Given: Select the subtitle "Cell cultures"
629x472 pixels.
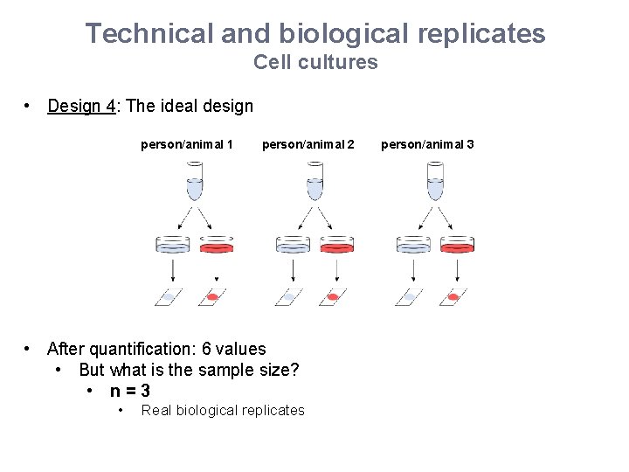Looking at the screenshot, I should coord(315,62).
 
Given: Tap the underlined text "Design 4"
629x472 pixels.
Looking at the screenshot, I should coord(81,107).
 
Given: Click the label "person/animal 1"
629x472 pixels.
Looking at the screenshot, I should coord(186,144).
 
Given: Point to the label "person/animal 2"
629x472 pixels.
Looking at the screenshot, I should coord(308,144).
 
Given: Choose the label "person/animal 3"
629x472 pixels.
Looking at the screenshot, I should coord(427,144).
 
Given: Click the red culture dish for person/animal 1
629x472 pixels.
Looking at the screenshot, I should coord(217,246).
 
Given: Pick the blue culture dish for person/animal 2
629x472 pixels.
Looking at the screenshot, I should coord(293,246).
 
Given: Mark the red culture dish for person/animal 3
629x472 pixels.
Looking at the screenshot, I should coord(457,246).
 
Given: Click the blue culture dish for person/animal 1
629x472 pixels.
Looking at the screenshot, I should coord(172,246).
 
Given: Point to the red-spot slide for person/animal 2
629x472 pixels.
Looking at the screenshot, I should coord(333,297).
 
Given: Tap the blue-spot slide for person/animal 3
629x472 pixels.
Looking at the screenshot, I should coord(408,297).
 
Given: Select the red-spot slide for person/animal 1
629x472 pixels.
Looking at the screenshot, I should coord(212,297).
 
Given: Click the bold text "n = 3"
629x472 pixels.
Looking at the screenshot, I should coord(129,391).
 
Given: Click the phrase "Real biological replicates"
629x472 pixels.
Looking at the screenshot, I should coord(223,411).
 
